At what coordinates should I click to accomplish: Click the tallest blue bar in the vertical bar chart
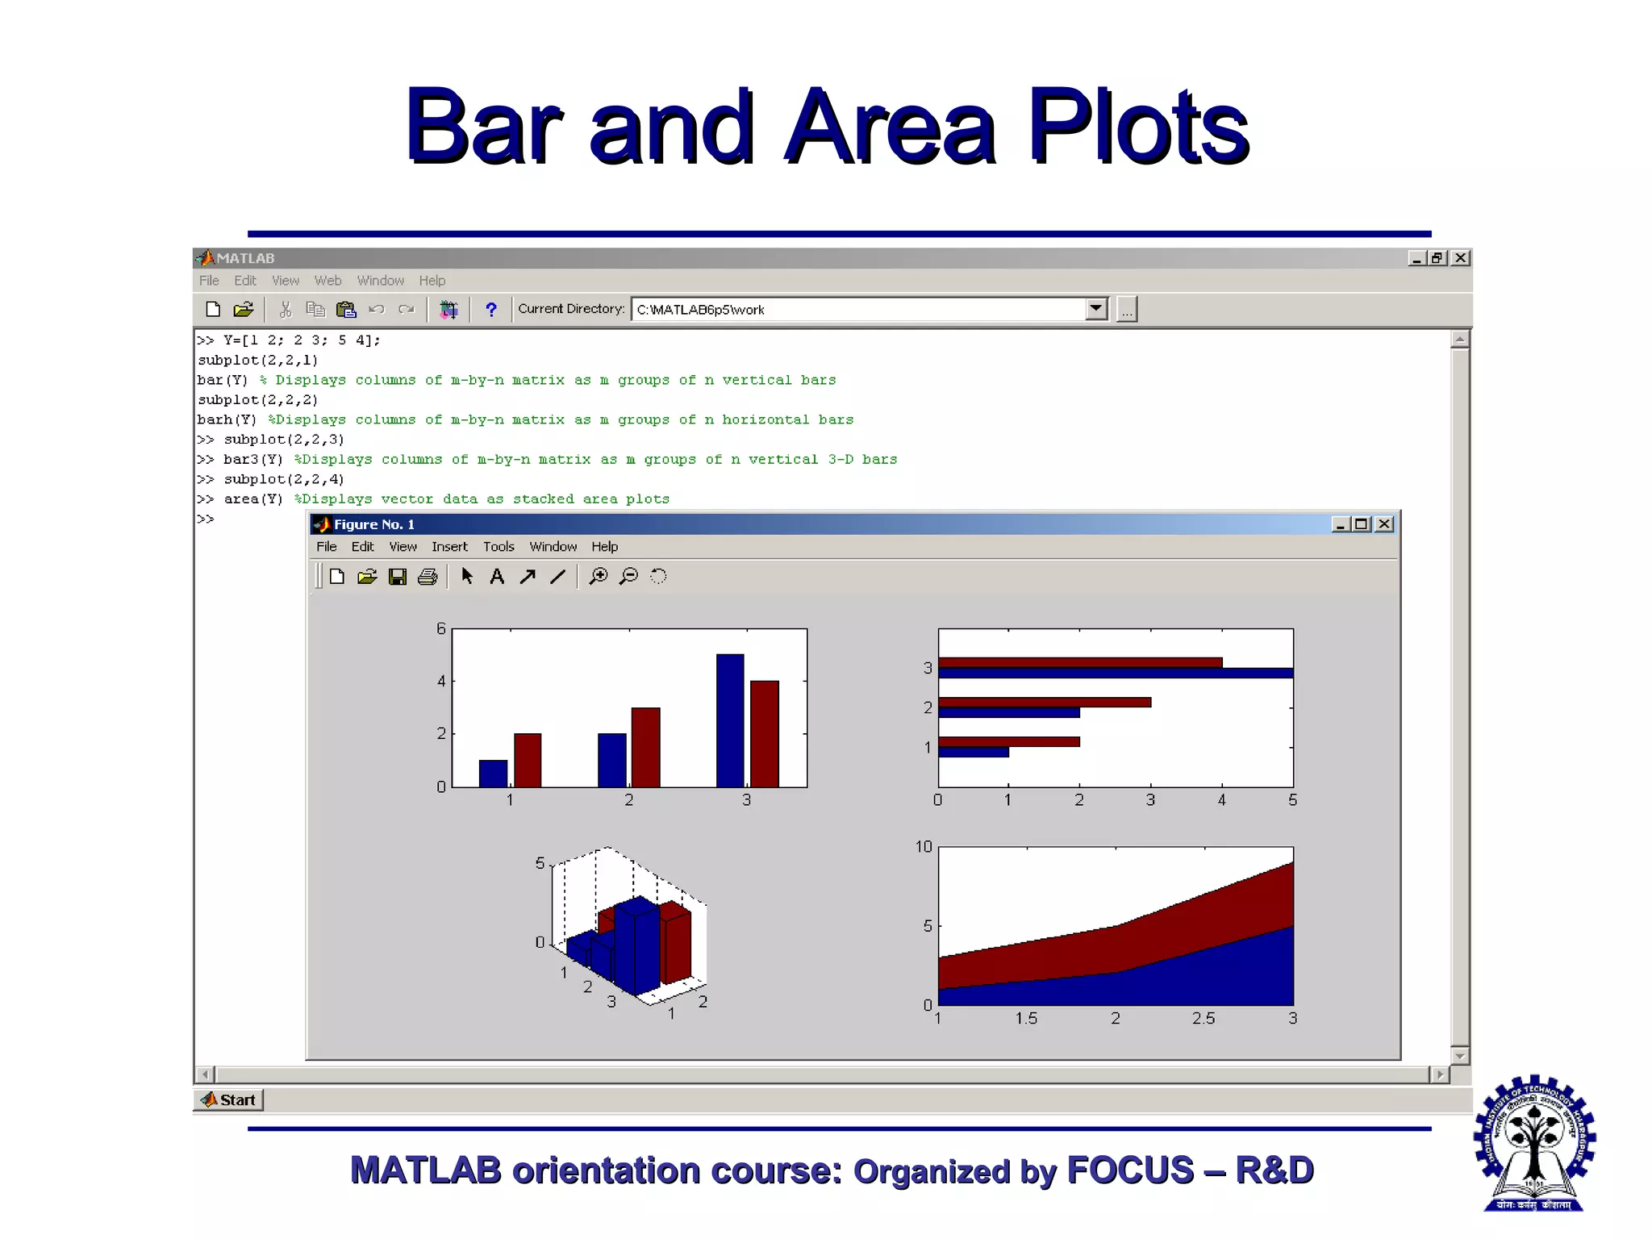[730, 720]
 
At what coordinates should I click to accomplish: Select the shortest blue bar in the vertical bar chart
[493, 773]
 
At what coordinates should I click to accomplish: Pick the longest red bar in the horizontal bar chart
[1080, 662]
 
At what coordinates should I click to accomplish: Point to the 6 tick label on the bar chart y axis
[440, 628]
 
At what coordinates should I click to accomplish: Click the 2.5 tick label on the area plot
[1203, 1019]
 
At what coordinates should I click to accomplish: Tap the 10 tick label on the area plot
[923, 847]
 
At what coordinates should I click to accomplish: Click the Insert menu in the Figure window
[449, 547]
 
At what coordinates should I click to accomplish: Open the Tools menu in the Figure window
[499, 547]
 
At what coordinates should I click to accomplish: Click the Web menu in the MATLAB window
[327, 281]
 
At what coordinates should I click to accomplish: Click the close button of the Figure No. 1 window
[1384, 524]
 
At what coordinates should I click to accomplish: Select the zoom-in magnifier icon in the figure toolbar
[599, 576]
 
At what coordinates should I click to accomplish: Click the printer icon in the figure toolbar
[428, 576]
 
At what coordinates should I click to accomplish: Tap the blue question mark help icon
[490, 310]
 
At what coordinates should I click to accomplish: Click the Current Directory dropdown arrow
[1095, 309]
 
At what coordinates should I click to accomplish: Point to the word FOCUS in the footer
[1129, 1170]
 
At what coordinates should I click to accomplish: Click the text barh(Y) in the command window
[227, 419]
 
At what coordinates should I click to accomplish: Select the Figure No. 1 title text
[374, 524]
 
